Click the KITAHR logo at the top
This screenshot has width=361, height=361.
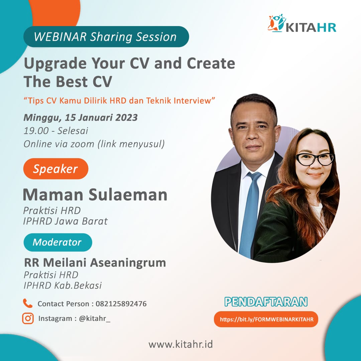(x=302, y=23)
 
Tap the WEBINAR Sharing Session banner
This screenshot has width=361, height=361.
(x=106, y=37)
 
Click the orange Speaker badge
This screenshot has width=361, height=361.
(x=56, y=169)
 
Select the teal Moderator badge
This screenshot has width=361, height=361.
(x=58, y=242)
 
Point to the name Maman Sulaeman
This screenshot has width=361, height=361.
(x=95, y=195)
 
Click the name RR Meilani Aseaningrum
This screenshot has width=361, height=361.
(x=95, y=262)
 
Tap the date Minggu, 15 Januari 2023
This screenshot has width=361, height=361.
(x=80, y=118)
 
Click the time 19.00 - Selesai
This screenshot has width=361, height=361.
(x=56, y=131)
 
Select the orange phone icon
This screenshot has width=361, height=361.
(x=28, y=303)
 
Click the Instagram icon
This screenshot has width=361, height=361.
(x=28, y=319)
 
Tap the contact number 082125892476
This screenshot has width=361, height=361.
(x=121, y=304)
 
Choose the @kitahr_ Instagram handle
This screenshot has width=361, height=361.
(x=95, y=319)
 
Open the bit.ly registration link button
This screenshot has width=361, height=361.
(x=266, y=319)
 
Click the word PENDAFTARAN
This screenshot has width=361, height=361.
(x=266, y=302)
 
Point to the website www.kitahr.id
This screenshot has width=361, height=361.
(x=181, y=344)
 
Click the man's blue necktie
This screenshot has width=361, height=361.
(x=249, y=214)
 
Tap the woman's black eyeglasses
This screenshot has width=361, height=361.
(x=315, y=159)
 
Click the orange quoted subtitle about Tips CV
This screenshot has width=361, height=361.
(x=119, y=101)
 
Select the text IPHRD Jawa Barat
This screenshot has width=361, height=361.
(x=66, y=221)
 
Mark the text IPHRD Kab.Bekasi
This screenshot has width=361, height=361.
(x=63, y=285)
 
